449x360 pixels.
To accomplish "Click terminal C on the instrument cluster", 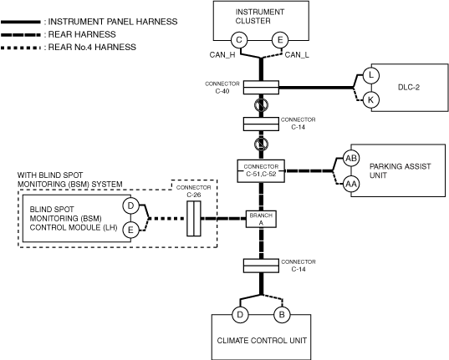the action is coord(239,40).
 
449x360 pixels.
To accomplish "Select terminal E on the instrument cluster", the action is coord(280,40).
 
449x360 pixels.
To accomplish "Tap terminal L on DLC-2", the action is coord(371,75).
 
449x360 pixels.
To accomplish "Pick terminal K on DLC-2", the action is coord(371,100).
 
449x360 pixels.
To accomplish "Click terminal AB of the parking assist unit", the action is coord(351,158).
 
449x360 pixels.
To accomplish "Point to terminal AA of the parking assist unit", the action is coord(351,184).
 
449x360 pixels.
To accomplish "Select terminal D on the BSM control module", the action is coord(130,205).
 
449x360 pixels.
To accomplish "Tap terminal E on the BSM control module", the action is coord(130,230).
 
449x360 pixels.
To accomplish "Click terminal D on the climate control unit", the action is coord(240,315).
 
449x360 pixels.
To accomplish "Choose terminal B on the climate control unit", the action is coord(282,315).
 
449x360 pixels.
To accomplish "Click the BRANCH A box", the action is coord(261,219).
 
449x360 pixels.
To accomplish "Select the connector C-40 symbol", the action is coord(261,87).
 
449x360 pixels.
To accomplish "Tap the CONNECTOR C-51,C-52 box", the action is coord(261,171).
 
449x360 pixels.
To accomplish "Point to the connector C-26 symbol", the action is coord(194,219).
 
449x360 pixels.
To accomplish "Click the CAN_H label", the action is coord(222,55).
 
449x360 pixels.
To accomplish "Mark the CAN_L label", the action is coord(297,55).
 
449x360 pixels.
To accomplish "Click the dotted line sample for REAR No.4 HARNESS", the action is coord(21,48).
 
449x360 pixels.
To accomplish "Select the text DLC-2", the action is coord(409,87).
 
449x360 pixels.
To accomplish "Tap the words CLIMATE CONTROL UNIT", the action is coord(262,341).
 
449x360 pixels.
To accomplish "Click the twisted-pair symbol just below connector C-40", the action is coord(261,104).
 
